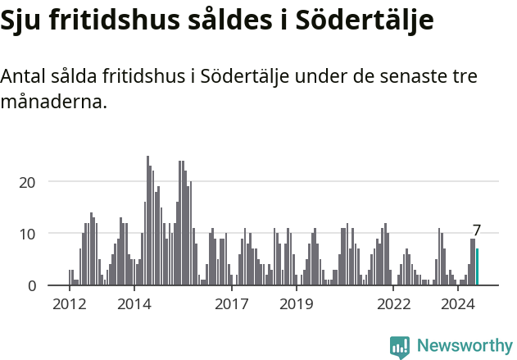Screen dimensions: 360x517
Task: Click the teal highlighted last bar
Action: pyautogui.click(x=477, y=267)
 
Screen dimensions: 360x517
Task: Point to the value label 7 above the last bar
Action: pyautogui.click(x=477, y=230)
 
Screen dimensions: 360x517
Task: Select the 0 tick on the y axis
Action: pyautogui.click(x=32, y=285)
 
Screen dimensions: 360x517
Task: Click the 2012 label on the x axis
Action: pyautogui.click(x=69, y=304)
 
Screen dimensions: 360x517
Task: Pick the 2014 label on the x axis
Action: pyautogui.click(x=134, y=304)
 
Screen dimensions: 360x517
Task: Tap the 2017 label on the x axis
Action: pyautogui.click(x=231, y=304)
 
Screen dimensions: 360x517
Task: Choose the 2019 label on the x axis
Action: pyautogui.click(x=296, y=304)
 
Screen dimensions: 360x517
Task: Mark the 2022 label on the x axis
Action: pyautogui.click(x=393, y=304)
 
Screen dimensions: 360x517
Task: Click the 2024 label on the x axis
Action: pyautogui.click(x=458, y=304)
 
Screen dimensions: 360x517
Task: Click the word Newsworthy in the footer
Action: pyautogui.click(x=464, y=346)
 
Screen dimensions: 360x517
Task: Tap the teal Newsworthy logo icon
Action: pyautogui.click(x=400, y=347)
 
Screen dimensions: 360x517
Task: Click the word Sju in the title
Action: pyautogui.click(x=20, y=22)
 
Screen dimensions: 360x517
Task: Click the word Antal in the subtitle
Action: pyautogui.click(x=24, y=77)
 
